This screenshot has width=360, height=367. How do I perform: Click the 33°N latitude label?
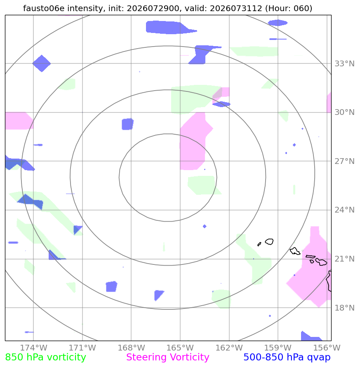[x=344, y=63]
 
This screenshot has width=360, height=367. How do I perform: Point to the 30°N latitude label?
[x=344, y=112]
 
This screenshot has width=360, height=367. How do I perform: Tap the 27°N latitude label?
[x=344, y=161]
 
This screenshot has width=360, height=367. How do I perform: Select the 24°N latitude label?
[x=344, y=210]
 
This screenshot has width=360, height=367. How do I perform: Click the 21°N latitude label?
[x=344, y=259]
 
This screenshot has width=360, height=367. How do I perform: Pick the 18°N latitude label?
[x=344, y=308]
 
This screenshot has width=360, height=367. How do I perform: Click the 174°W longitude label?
[x=33, y=348]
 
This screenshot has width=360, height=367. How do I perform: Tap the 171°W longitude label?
[x=82, y=348]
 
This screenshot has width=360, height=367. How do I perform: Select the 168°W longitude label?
[x=131, y=348]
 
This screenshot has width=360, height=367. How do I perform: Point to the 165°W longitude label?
[x=180, y=348]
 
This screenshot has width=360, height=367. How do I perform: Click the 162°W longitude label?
[x=229, y=348]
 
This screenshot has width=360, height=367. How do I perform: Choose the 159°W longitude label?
[x=278, y=348]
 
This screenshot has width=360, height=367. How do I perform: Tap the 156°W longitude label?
[x=327, y=348]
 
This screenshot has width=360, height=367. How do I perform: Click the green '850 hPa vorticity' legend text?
[x=45, y=358]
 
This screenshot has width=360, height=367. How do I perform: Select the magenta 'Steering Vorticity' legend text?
[x=167, y=358]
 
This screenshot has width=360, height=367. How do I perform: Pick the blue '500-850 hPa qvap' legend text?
[x=287, y=358]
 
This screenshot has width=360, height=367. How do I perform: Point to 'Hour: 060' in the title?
[x=289, y=8]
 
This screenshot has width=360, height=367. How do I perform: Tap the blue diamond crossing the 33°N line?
[x=42, y=63]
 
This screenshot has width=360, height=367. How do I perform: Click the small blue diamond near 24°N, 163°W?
[x=205, y=226]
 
